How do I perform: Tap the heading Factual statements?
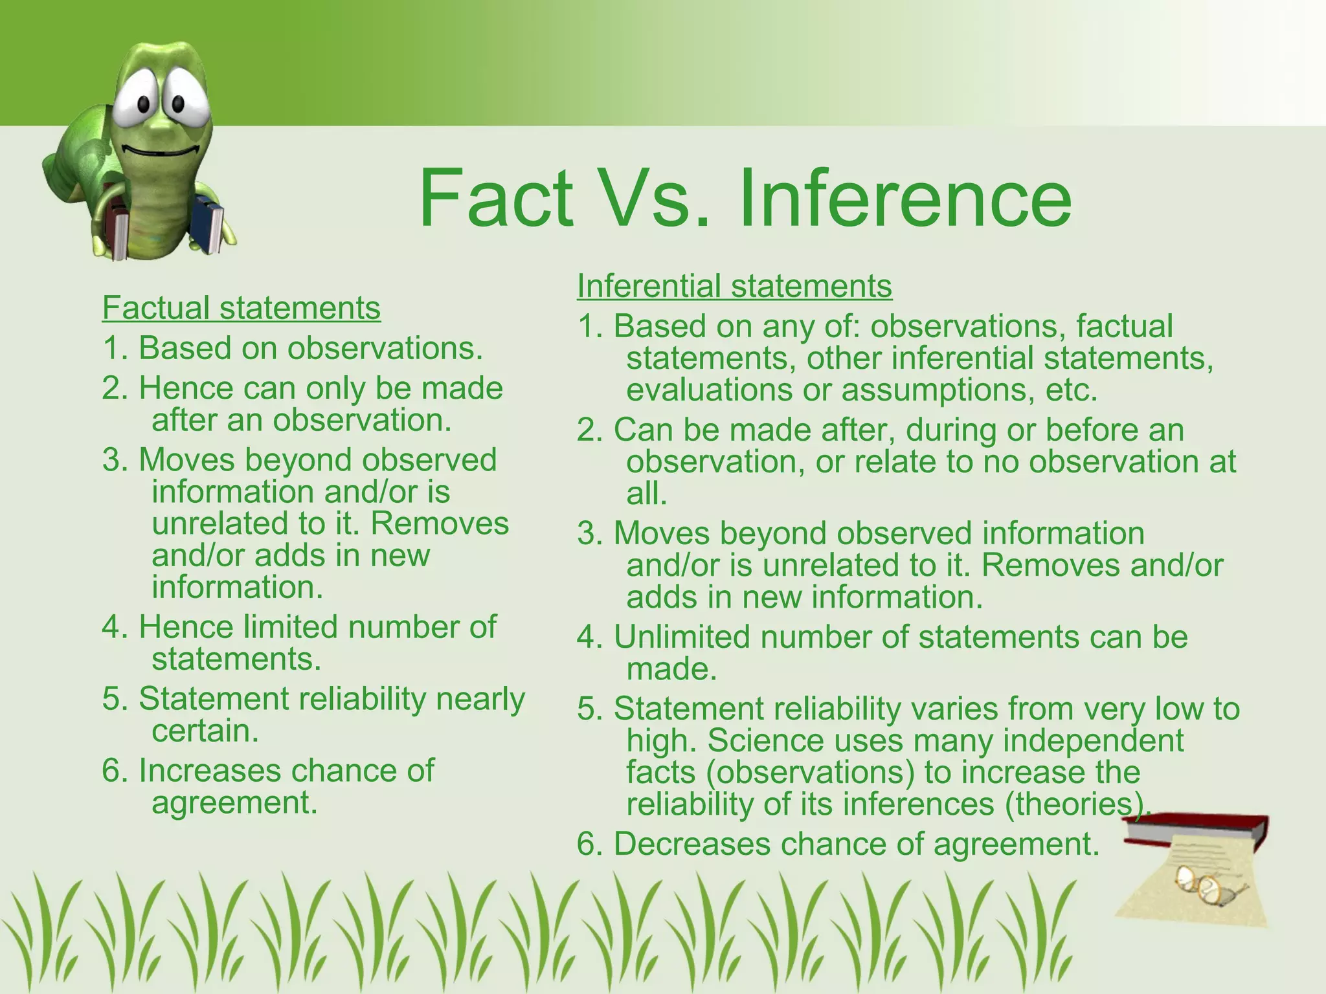coord(241,307)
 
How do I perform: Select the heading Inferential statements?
coord(734,285)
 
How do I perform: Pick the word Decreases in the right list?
coord(692,845)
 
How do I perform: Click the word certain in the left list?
coord(205,731)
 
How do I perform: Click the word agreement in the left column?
coord(234,803)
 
